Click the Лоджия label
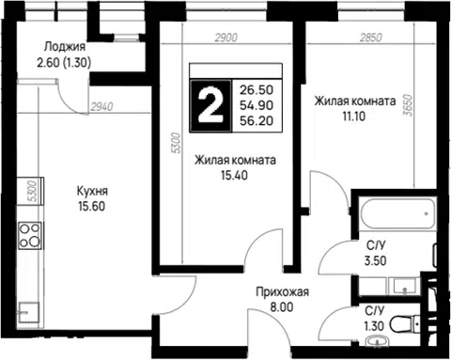(x=65, y=47)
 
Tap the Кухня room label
(x=92, y=191)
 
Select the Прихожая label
(x=282, y=291)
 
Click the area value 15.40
(x=234, y=176)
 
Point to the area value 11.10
(x=354, y=117)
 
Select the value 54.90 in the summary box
(x=257, y=105)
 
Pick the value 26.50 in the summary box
(x=257, y=90)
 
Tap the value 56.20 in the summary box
(x=257, y=120)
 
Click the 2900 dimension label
(x=226, y=38)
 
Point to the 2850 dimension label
(x=371, y=38)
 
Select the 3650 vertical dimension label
(x=409, y=105)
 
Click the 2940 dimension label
(x=102, y=107)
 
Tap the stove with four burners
(x=30, y=235)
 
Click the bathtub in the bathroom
(x=397, y=213)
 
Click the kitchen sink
(x=29, y=312)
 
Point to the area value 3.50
(x=375, y=260)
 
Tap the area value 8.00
(x=282, y=307)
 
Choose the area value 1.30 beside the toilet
(x=374, y=326)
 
